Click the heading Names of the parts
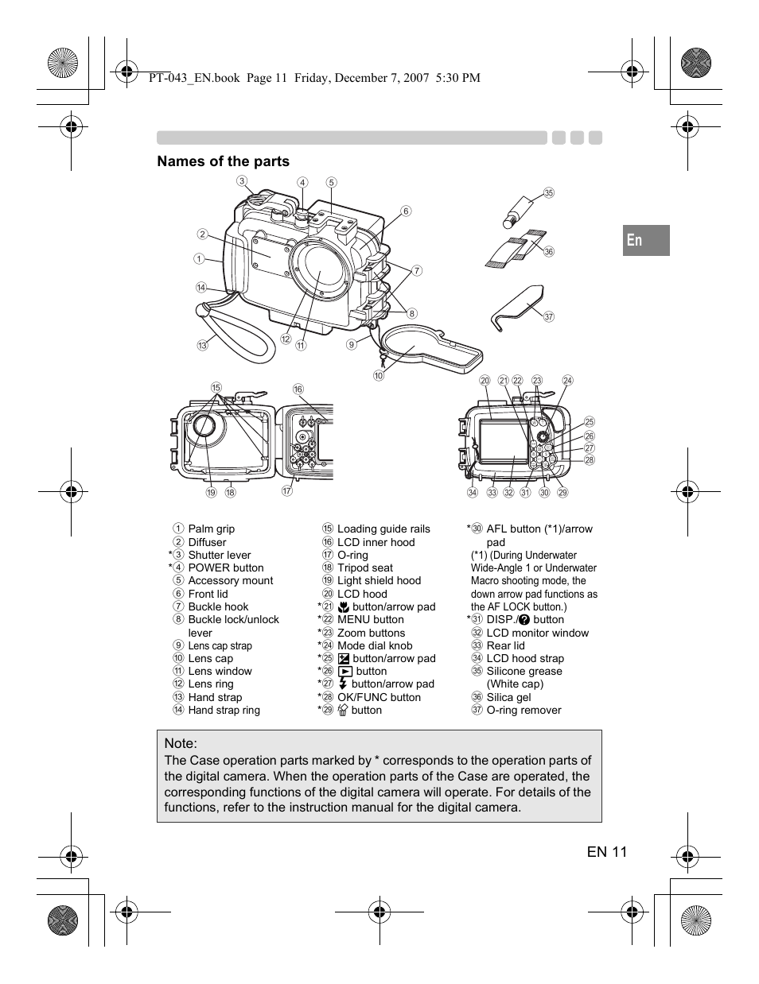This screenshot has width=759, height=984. (223, 161)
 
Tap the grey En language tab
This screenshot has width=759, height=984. (646, 240)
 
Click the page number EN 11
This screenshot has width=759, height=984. (607, 852)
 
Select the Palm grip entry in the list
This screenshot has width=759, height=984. (211, 529)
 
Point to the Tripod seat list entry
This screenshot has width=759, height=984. (364, 568)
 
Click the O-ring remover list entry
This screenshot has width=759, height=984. (524, 710)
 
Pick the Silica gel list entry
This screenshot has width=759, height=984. (508, 697)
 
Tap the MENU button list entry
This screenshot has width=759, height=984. (370, 619)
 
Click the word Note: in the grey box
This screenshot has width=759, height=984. (181, 742)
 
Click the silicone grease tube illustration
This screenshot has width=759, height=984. (522, 208)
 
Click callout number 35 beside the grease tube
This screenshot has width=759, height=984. (548, 193)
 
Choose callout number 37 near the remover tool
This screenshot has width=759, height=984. (548, 316)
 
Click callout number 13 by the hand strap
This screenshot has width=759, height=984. (203, 345)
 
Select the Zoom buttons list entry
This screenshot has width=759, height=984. (371, 633)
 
